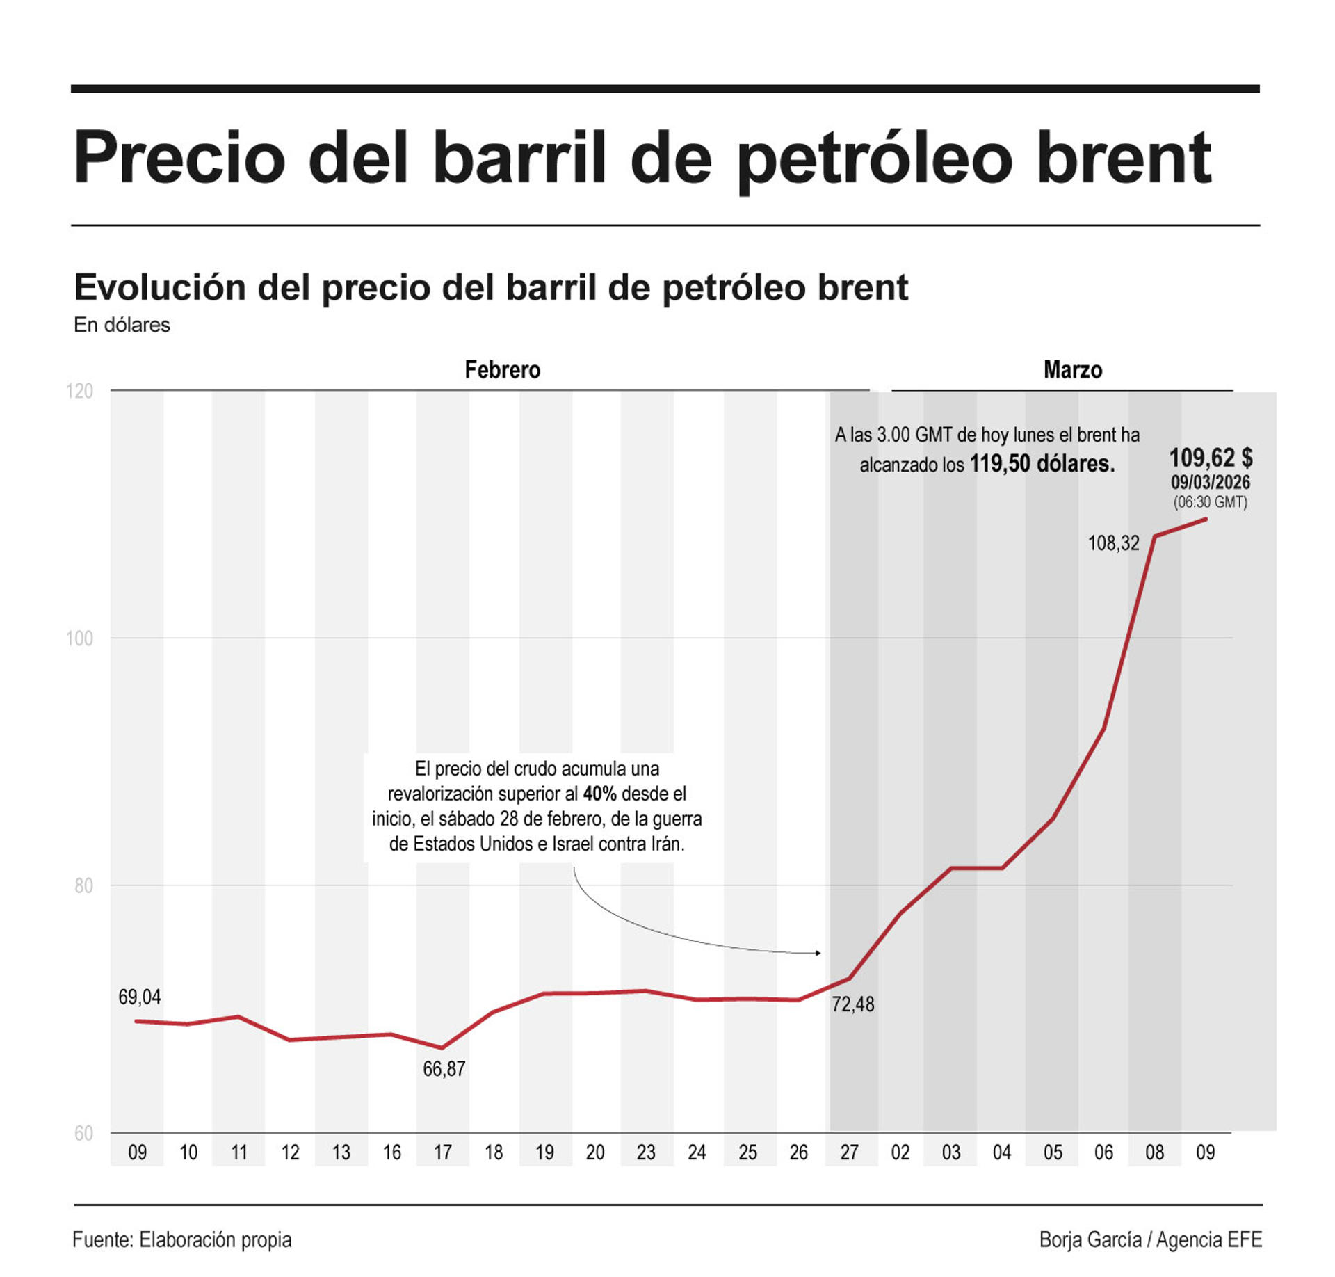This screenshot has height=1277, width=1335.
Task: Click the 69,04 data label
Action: click(x=139, y=997)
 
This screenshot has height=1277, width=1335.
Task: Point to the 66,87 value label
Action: click(x=444, y=1068)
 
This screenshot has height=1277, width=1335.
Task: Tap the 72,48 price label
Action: click(x=852, y=1004)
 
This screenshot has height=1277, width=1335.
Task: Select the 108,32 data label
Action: click(x=1113, y=543)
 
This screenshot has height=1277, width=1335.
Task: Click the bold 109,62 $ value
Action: click(x=1210, y=458)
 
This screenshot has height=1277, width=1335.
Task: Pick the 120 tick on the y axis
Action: click(x=79, y=391)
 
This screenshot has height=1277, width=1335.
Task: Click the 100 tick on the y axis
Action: click(x=79, y=638)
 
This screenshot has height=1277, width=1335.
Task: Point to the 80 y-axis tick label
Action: click(x=83, y=885)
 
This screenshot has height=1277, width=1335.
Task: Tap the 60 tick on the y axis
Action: click(x=83, y=1133)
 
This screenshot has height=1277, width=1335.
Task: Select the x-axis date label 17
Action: click(x=443, y=1152)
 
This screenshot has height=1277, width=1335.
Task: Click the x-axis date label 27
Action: click(x=849, y=1152)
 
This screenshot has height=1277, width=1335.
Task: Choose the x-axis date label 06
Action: click(x=1103, y=1152)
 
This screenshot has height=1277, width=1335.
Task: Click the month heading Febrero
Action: click(x=502, y=369)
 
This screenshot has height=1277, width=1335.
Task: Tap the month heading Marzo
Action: click(x=1072, y=369)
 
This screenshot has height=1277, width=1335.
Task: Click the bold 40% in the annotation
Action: click(x=599, y=794)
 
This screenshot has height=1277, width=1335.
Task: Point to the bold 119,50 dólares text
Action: click(x=1042, y=464)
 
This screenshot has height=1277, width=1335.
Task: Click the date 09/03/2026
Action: click(x=1210, y=482)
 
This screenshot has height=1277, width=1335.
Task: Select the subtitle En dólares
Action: click(x=122, y=325)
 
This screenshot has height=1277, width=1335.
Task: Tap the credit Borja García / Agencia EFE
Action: click(x=1150, y=1239)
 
